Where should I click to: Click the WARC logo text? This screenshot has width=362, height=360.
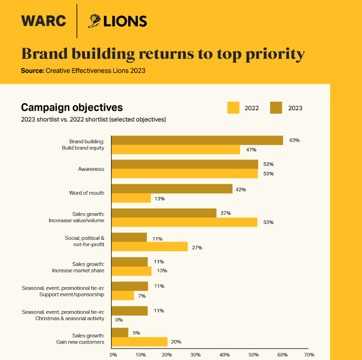[x=43, y=21]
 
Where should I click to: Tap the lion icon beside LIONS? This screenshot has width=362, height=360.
[x=94, y=21]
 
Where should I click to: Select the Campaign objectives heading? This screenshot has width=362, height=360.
[x=72, y=107]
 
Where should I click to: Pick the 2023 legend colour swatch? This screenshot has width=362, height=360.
[x=276, y=108]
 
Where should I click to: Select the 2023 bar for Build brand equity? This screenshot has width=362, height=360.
[x=197, y=140]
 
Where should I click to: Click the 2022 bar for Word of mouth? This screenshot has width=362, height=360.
[x=131, y=198]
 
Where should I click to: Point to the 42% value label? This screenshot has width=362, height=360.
[x=241, y=189]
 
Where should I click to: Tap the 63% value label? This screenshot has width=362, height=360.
[x=294, y=140]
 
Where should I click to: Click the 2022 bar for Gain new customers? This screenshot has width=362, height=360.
[x=140, y=342]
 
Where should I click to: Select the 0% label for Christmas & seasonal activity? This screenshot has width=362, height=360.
[x=119, y=320]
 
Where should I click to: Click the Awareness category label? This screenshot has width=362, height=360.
[x=91, y=169]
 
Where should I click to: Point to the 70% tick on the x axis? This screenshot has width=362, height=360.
[x=309, y=355]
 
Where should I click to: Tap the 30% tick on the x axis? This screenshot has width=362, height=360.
[x=196, y=355]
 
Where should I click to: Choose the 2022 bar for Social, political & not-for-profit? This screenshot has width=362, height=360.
[x=150, y=247]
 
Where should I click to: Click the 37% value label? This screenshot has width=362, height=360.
[x=226, y=213]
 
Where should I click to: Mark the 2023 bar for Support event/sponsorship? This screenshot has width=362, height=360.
[x=130, y=286]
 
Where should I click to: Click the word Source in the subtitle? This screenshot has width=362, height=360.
[x=32, y=71]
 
